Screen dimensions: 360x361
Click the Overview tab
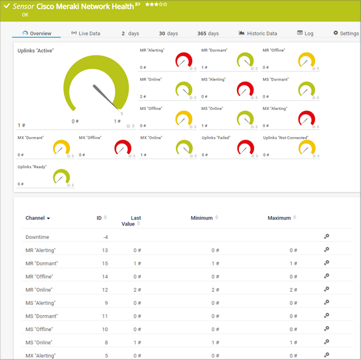coord(37,33)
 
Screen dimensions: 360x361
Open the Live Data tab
coord(86,33)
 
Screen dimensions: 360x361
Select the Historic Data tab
coord(258,33)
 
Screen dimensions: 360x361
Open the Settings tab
coord(346,33)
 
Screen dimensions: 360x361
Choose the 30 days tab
coord(168,33)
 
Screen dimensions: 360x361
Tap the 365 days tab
coord(208,33)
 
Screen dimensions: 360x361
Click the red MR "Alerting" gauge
coord(184,60)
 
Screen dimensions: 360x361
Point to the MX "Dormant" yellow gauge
coord(61,147)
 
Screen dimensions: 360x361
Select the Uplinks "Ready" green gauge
coord(61,177)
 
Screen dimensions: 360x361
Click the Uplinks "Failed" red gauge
coord(246,147)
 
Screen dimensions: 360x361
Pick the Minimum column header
coord(201,218)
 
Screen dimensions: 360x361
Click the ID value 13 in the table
coord(105,250)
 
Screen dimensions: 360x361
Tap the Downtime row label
coord(37,237)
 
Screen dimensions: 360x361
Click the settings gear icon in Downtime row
coord(327,237)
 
